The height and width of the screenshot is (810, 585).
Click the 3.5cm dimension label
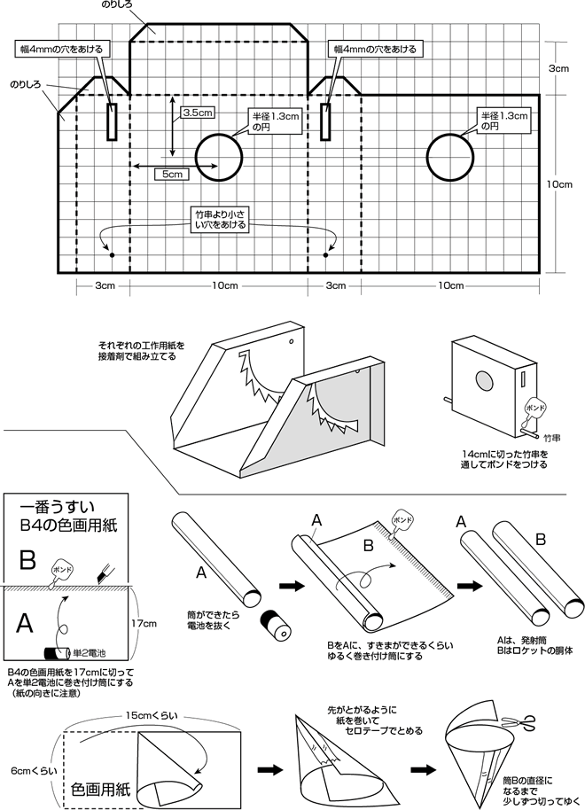pos(197,113)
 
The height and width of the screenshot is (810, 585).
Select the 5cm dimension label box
pos(172,174)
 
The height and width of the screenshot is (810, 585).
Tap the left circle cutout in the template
pos(218,135)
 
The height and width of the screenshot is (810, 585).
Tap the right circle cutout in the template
pos(450,135)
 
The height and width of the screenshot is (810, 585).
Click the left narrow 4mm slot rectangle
pos(112,121)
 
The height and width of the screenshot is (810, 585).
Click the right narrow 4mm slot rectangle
pos(326,121)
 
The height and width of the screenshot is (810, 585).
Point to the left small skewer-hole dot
pos(112,255)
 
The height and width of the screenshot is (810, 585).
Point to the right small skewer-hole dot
pos(326,255)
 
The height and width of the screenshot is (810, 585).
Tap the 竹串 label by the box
pos(553,438)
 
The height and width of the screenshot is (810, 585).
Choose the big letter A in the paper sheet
pos(25,623)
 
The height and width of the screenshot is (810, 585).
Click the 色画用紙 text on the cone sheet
pos(100,789)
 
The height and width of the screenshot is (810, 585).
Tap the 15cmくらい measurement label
pos(152,715)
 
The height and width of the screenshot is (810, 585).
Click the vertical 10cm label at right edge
pos(561,184)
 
